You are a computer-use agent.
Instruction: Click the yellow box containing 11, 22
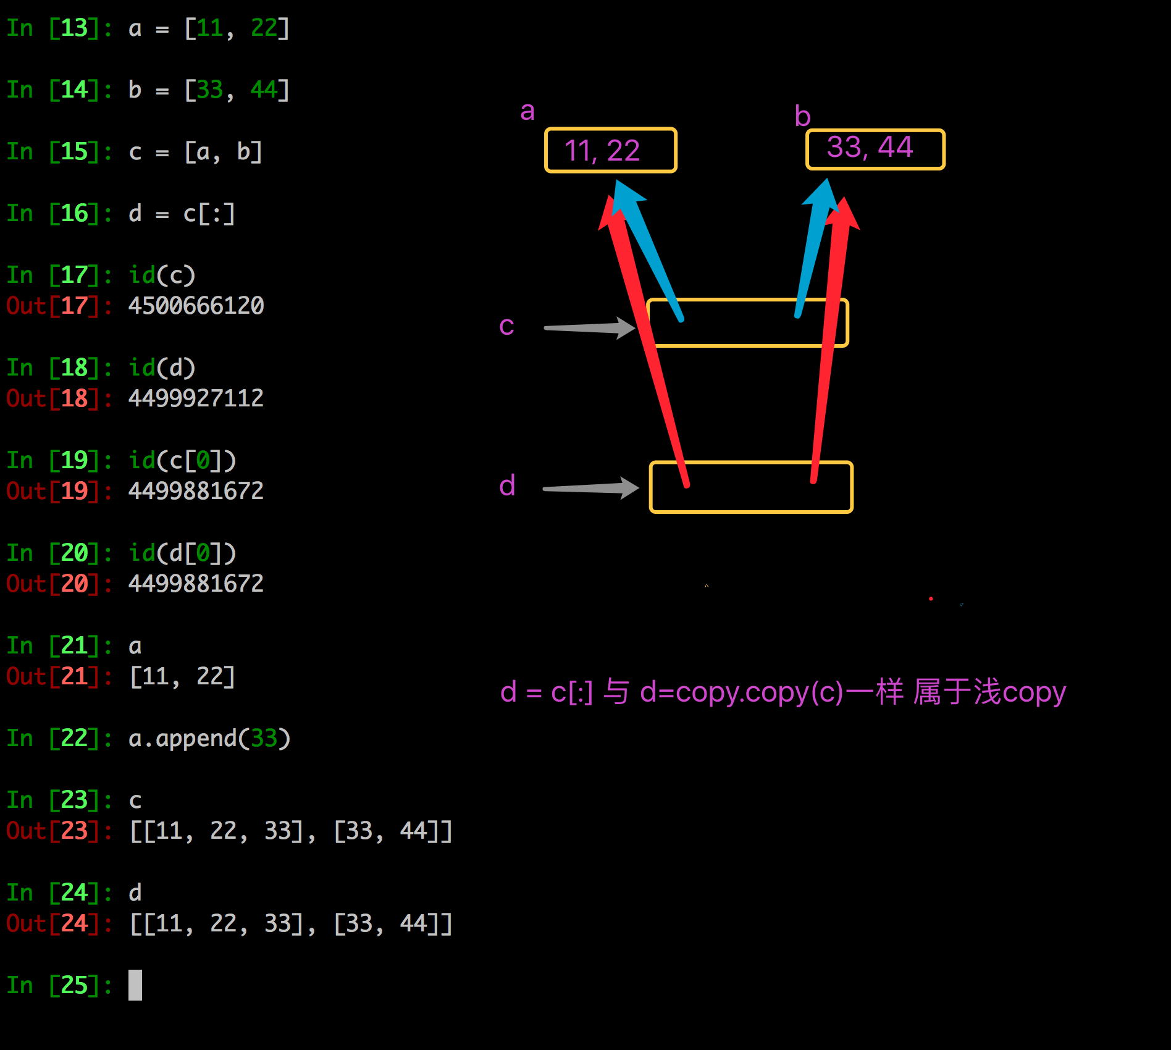pos(610,150)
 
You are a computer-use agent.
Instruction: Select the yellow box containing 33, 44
pos(875,149)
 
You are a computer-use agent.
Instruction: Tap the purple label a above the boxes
pos(527,111)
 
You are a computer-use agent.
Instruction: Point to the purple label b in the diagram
pos(802,116)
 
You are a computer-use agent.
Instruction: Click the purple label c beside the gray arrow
pos(506,326)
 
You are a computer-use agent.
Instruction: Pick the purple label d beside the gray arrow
pos(507,486)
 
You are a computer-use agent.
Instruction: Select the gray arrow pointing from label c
pos(589,328)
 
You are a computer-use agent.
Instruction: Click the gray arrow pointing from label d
pos(590,488)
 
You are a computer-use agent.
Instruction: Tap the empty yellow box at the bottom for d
pos(751,487)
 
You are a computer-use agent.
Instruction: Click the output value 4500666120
pos(196,306)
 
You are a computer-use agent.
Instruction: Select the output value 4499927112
pos(196,398)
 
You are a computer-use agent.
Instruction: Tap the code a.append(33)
pos(209,738)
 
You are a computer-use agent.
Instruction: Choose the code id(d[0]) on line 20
pos(182,553)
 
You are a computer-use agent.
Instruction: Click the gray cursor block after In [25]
pos(135,985)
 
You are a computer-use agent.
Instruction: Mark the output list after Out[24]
pos(291,923)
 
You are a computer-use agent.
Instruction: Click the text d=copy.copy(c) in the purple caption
pos(741,692)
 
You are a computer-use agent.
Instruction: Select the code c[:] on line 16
pos(209,214)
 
